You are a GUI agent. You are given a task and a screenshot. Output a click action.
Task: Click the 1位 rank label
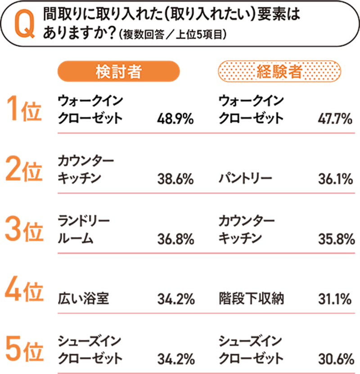click(x=25, y=111)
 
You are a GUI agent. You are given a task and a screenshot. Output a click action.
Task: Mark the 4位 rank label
click(x=25, y=291)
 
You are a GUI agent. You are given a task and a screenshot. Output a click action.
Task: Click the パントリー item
click(x=245, y=179)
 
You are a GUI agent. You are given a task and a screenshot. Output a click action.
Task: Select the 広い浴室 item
click(x=84, y=298)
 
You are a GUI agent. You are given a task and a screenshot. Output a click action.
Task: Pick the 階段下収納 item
click(x=251, y=298)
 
